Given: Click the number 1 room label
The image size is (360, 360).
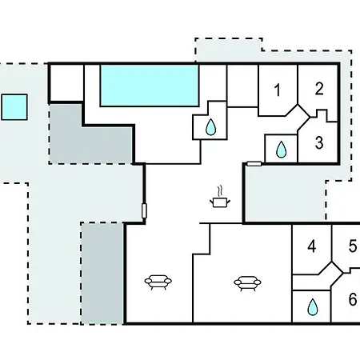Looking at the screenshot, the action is (x=278, y=90).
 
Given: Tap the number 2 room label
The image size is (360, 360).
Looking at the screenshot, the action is (x=319, y=89).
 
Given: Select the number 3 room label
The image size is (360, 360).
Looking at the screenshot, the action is (x=319, y=142).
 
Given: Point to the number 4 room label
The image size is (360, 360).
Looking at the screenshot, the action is (x=312, y=246).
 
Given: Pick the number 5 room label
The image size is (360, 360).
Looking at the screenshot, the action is (x=353, y=246).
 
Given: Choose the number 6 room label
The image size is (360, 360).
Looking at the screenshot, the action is (x=353, y=299).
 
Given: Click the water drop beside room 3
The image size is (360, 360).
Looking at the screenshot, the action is (x=281, y=150).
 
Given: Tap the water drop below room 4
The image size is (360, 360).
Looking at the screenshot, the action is (x=313, y=307).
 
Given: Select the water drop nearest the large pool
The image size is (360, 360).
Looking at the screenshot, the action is (x=210, y=127).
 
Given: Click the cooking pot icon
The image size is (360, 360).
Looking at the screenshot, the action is (x=220, y=202).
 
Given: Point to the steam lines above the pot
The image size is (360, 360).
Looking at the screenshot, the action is (x=220, y=191).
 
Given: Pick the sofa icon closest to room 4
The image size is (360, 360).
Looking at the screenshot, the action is (x=247, y=283).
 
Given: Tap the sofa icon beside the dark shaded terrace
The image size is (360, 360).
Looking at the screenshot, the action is (x=158, y=282).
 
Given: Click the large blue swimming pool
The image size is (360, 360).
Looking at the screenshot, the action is (x=150, y=86).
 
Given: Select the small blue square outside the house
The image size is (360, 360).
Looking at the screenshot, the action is (x=14, y=107).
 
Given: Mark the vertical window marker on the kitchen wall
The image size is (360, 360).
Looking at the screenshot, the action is (x=144, y=211).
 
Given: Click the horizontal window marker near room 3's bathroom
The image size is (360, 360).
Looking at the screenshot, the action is (x=254, y=164).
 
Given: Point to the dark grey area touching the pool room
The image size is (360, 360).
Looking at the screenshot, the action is (x=90, y=134).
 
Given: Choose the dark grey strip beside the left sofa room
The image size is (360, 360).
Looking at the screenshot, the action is (x=102, y=274).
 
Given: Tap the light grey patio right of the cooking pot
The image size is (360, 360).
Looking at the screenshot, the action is (x=285, y=194).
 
